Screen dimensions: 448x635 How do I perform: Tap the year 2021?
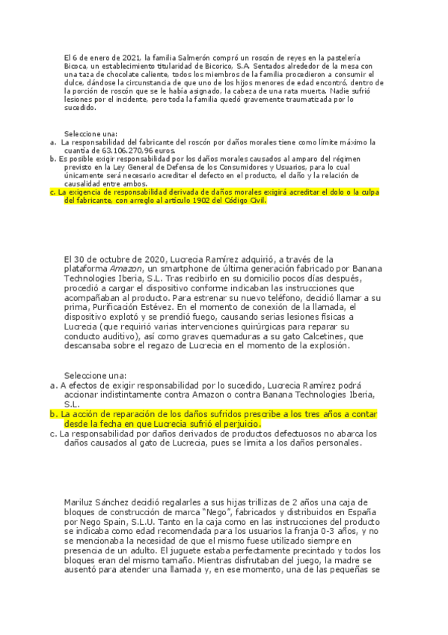pos(130,58)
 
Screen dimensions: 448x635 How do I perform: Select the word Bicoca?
pos(78,67)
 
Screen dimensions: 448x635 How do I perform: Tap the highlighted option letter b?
pos(52,413)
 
